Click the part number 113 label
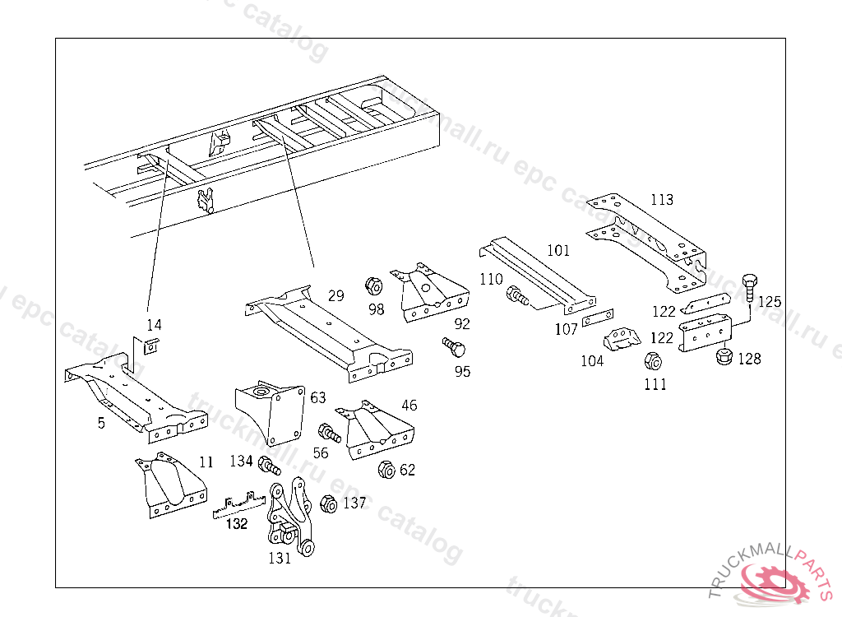661,200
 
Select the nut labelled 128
725,357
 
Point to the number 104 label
592,361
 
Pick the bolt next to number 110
518,295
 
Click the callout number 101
557,250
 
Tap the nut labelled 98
372,286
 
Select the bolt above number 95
453,346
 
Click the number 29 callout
335,296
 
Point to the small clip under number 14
151,346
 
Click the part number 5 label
101,424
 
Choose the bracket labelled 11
169,485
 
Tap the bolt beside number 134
269,466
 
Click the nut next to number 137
327,503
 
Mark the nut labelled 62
385,469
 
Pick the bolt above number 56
329,432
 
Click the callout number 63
318,398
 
